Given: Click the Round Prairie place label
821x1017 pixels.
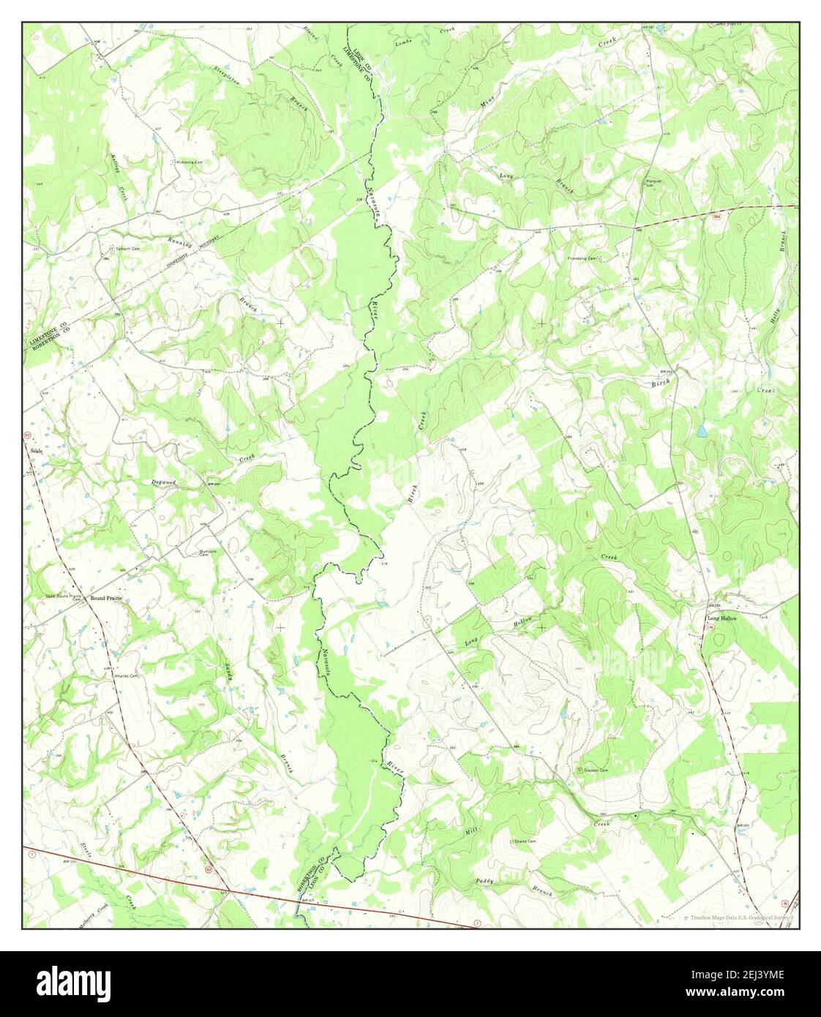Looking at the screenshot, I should click(x=105, y=598).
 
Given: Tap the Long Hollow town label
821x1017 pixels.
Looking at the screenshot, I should click(x=721, y=618).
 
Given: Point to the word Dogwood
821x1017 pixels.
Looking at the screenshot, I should click(x=164, y=482).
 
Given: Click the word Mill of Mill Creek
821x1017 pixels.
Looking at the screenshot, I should click(x=471, y=832).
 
